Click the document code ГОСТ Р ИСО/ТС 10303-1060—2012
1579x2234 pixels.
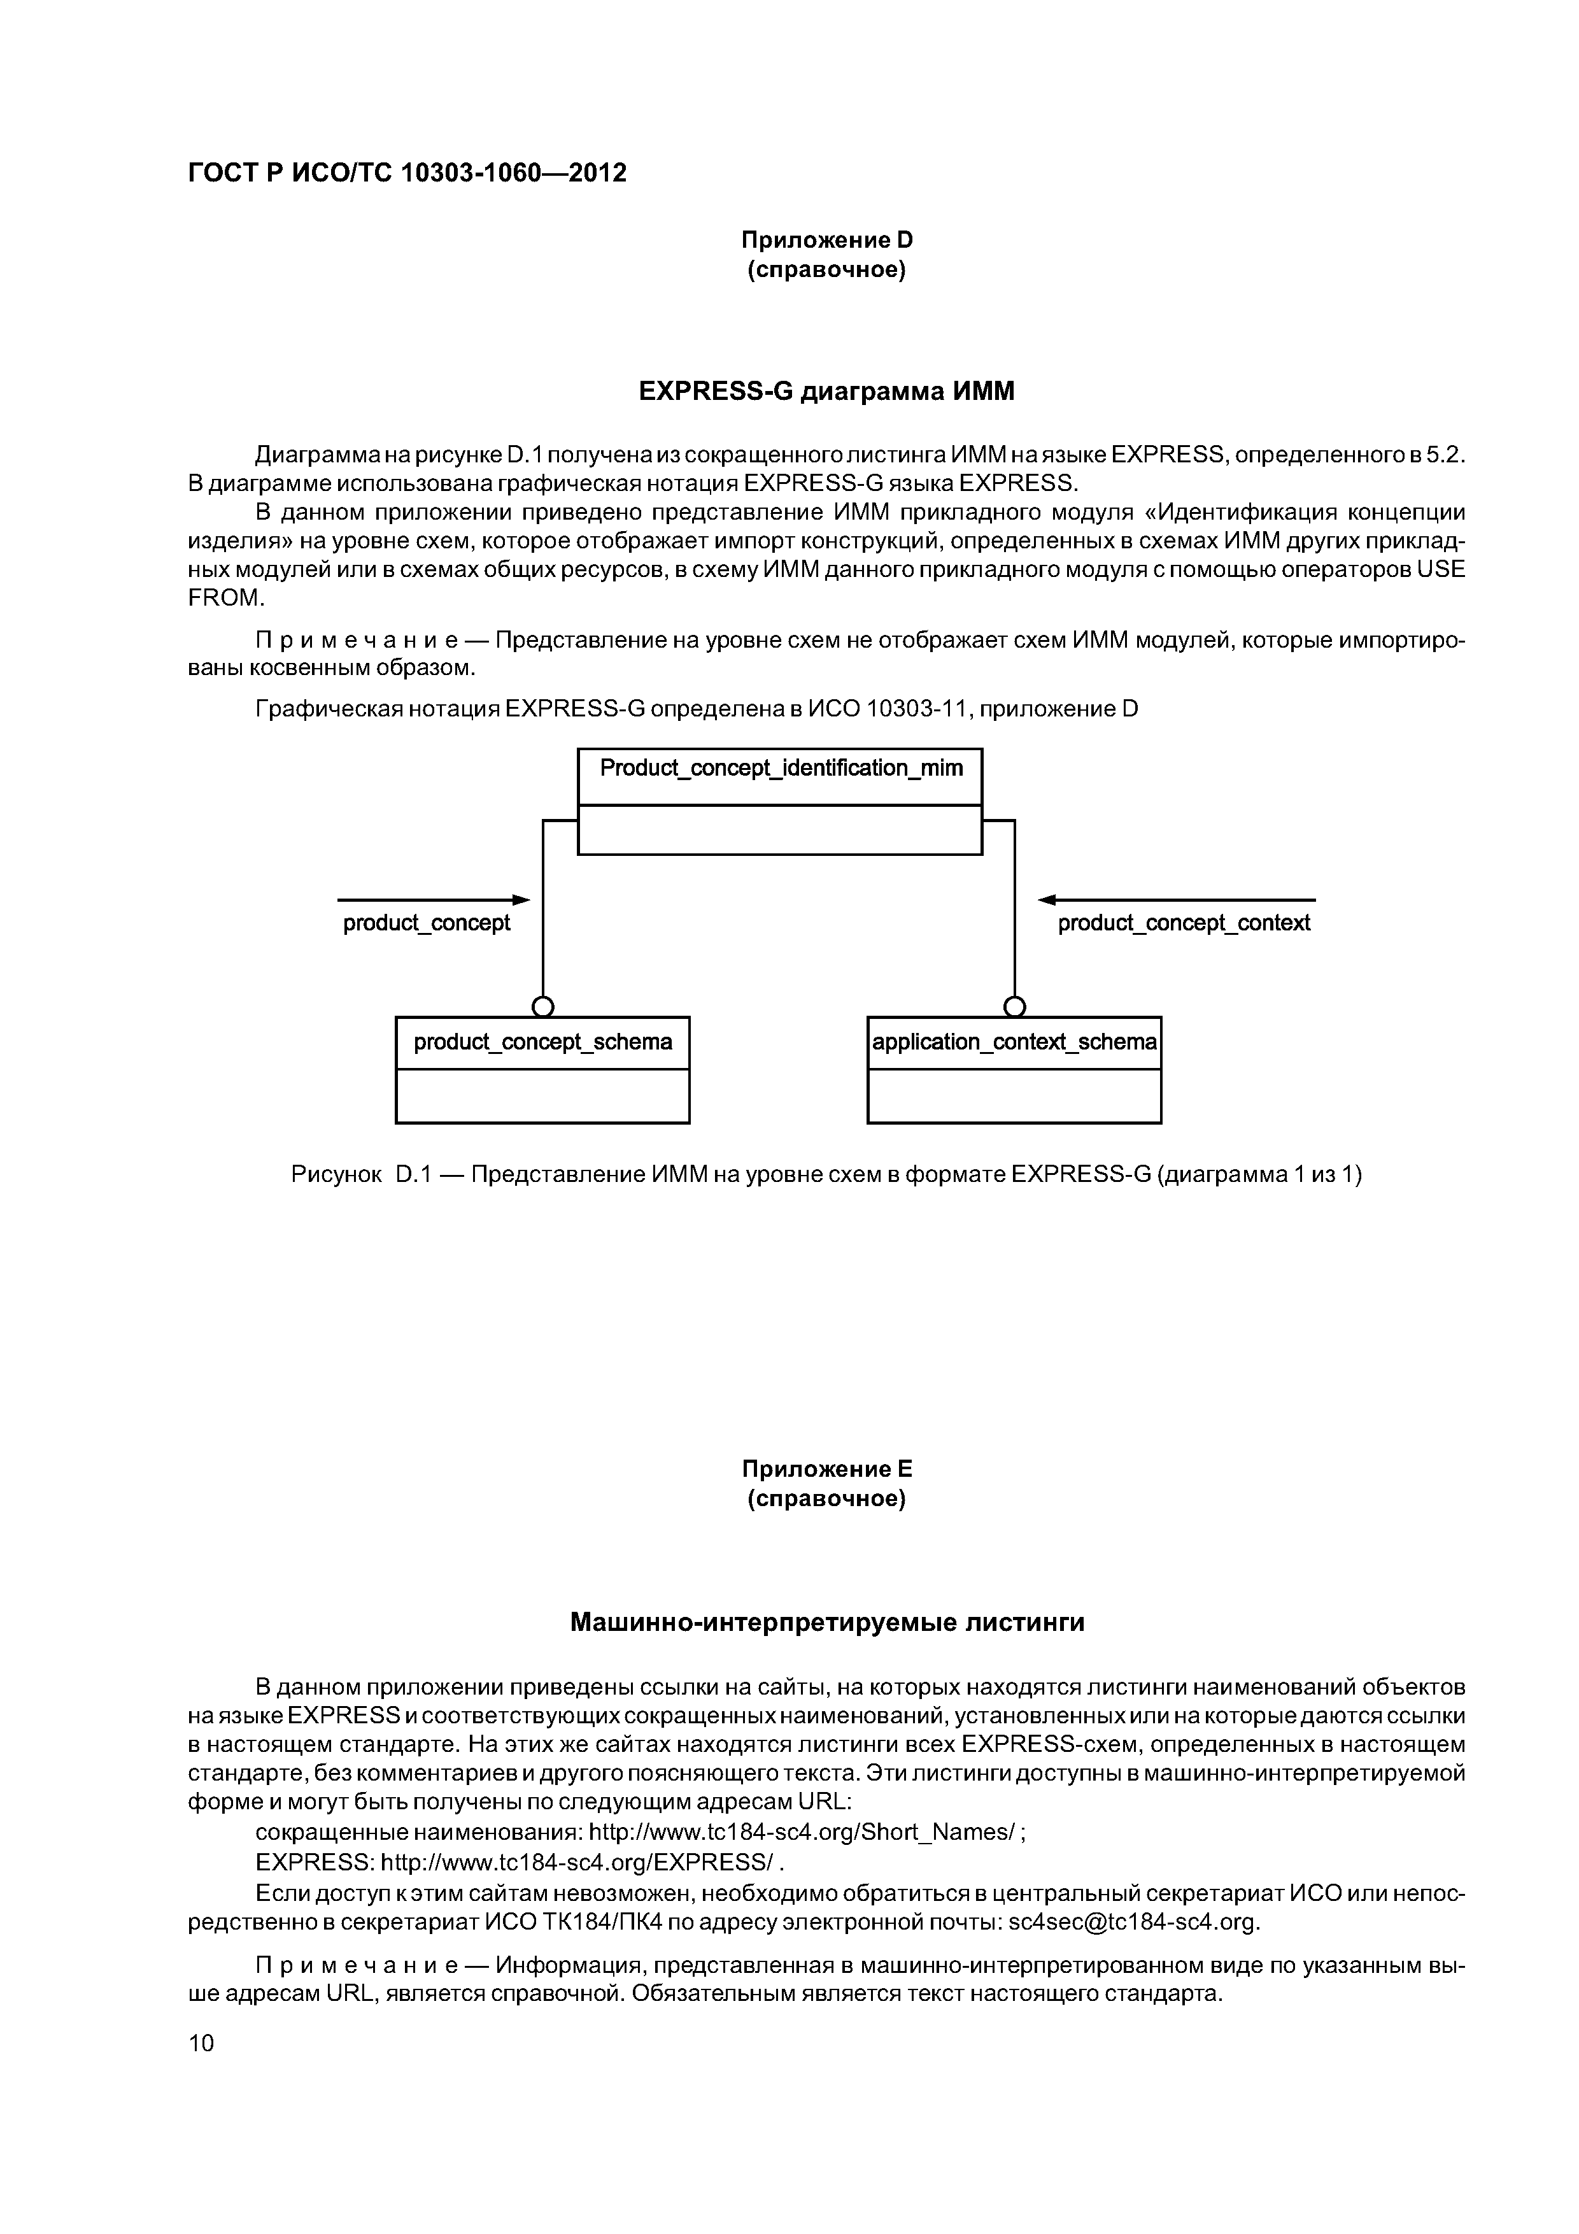click(x=407, y=173)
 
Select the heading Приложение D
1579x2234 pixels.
click(x=827, y=239)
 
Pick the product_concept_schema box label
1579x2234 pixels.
click(x=543, y=1042)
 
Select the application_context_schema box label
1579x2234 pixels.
click(x=1014, y=1042)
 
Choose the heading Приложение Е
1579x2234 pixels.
click(x=827, y=1469)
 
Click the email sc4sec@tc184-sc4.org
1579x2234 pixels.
click(x=1133, y=1923)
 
